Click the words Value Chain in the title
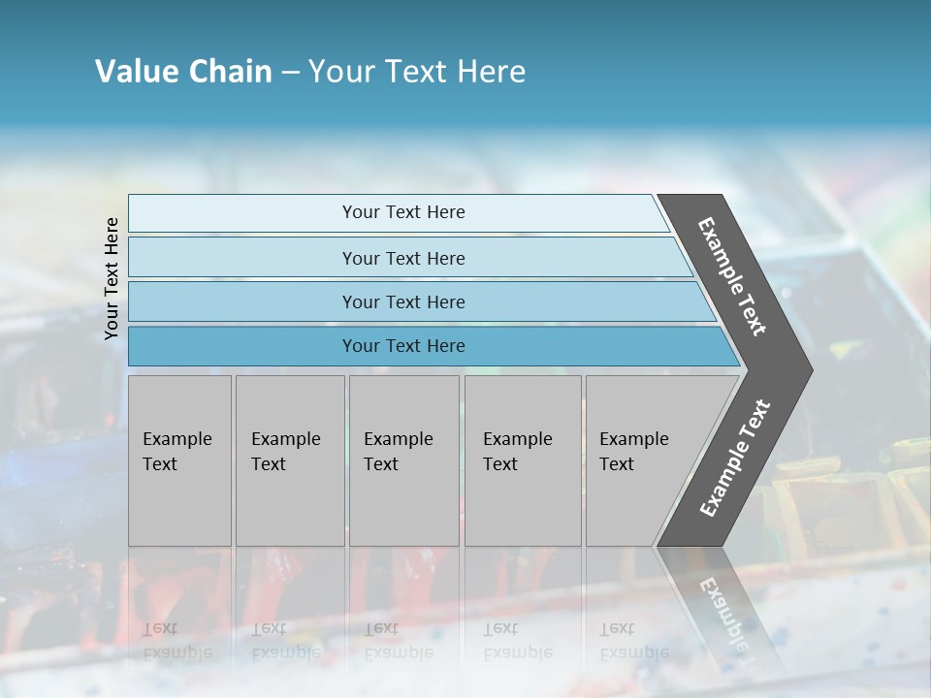pos(183,72)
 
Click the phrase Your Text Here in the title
pos(417,72)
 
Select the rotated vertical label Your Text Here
pos(112,278)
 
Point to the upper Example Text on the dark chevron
pos(733,276)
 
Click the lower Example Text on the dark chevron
pos(735,459)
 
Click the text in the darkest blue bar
pos(403,346)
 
